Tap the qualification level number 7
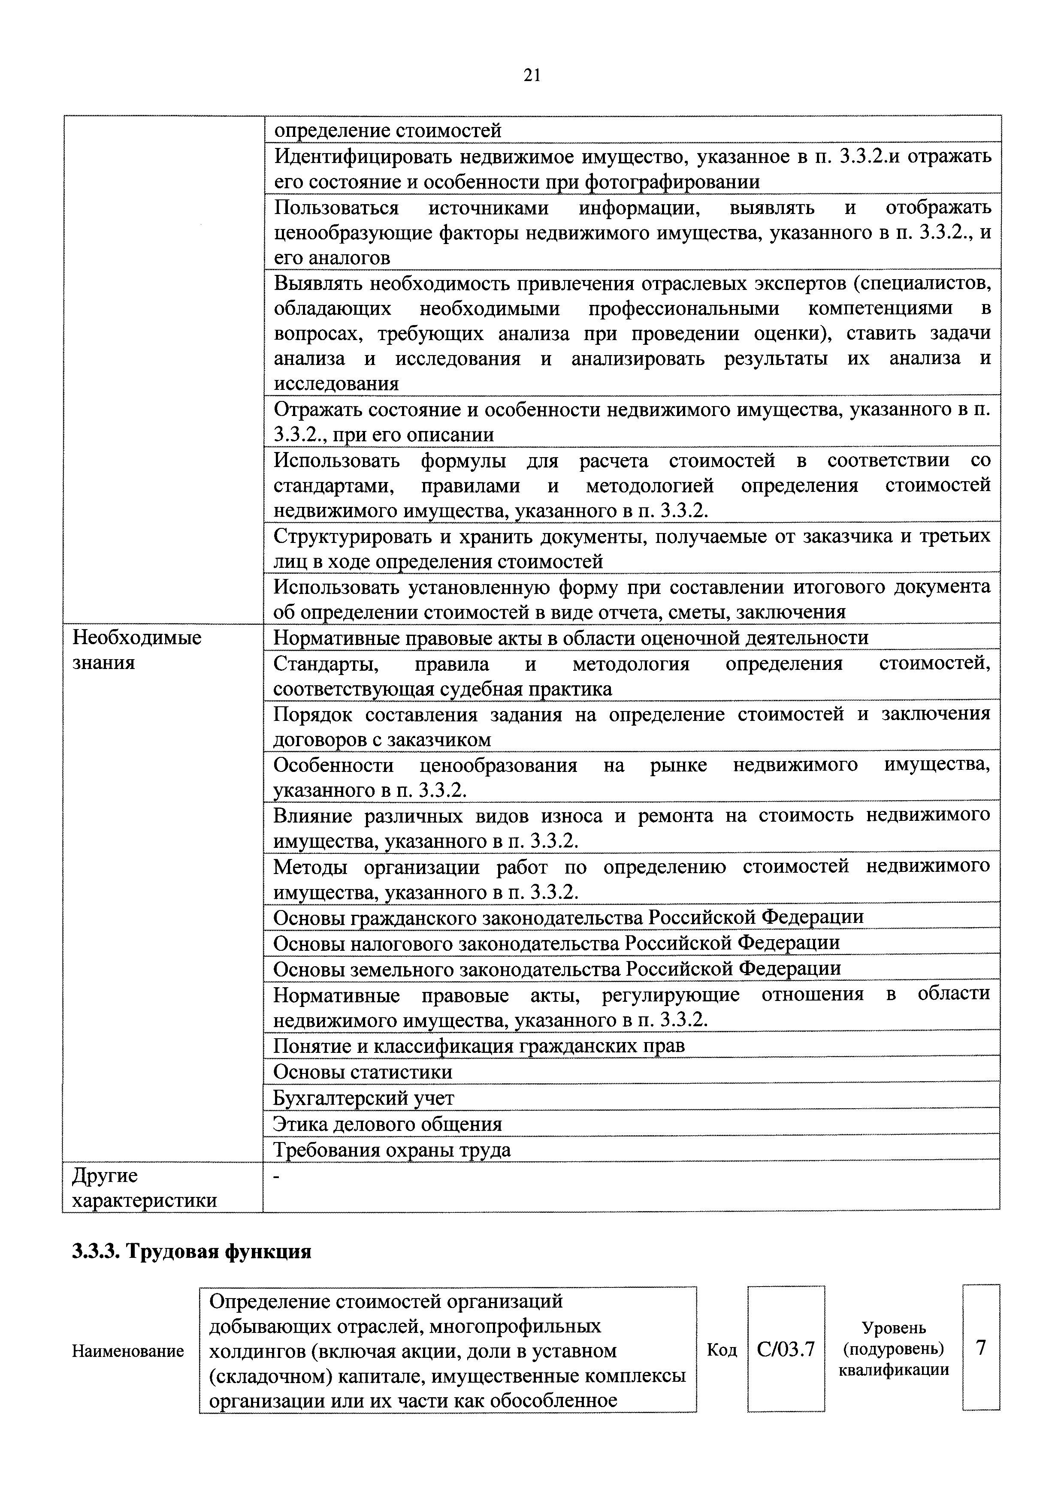tap(980, 1348)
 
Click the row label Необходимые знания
tap(136, 649)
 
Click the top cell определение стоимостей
tap(387, 130)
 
